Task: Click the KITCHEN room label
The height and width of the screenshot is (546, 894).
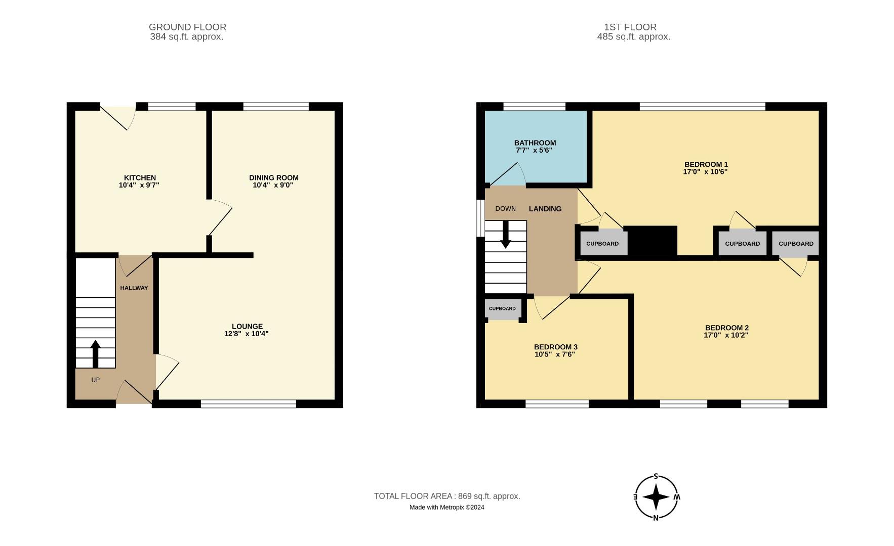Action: coord(140,177)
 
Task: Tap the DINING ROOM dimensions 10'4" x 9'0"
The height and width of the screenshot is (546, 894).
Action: coord(273,185)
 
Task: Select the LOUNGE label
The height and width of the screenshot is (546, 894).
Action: coord(247,326)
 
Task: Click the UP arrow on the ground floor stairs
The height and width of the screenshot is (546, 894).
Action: coord(95,354)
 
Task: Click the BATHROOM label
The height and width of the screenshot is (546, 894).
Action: coord(535,143)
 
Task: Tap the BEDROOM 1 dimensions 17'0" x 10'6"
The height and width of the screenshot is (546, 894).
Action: coord(705,172)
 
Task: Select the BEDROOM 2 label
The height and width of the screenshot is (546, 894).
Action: coord(726,328)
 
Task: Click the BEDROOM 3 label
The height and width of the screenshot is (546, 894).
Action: coord(555,347)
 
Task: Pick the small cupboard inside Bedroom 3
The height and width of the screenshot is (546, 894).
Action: coord(502,309)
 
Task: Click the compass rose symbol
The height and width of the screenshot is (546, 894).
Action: coord(656,497)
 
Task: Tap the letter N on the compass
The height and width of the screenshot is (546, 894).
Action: coord(656,517)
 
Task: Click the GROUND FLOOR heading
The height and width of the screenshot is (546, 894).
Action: coord(187,27)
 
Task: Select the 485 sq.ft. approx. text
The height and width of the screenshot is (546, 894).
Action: coord(633,37)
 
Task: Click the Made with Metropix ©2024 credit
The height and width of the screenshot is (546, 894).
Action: coord(446,507)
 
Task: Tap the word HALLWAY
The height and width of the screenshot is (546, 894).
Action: coord(134,288)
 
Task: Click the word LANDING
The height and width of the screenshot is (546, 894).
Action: coord(545,209)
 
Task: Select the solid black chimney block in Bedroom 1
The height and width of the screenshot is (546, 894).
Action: coord(652,241)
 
